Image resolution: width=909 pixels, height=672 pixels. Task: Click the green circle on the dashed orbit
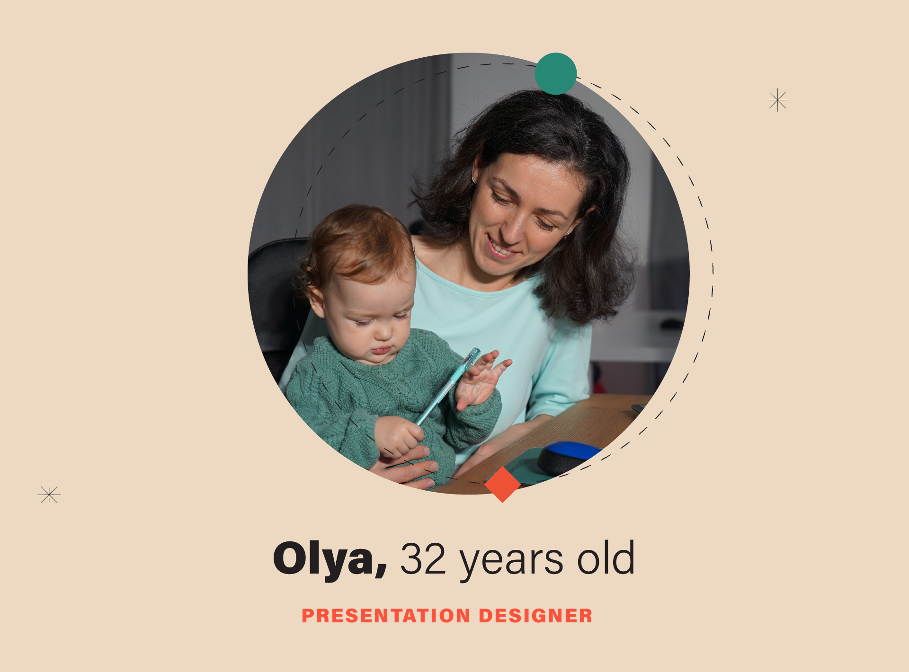point(555,73)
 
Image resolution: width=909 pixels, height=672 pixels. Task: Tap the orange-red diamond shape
point(502,484)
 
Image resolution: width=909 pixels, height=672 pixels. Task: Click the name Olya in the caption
point(330,559)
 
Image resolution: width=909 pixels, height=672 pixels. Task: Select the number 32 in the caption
point(423,559)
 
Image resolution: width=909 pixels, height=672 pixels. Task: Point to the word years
point(511,563)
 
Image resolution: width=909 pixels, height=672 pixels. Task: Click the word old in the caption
point(606,557)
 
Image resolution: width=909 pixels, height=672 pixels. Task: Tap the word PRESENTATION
point(386,616)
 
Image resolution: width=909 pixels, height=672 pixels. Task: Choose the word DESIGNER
point(535,616)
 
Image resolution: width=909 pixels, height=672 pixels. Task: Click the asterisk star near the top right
point(778,100)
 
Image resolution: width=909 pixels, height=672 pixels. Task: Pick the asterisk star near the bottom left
point(49,495)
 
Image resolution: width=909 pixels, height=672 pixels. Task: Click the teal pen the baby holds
point(447,386)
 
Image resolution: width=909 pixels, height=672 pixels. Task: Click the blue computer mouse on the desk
point(568,457)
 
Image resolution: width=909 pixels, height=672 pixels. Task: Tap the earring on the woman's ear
point(473,180)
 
